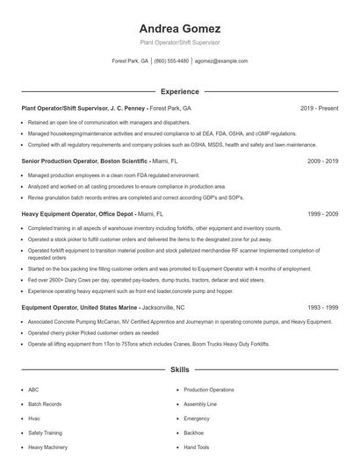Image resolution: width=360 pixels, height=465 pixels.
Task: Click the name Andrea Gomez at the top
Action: tap(179, 28)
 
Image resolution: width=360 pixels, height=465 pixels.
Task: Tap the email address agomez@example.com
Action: tap(221, 61)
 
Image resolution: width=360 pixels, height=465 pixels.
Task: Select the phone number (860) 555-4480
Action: tap(171, 61)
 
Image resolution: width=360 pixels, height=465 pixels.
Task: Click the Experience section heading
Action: tap(179, 91)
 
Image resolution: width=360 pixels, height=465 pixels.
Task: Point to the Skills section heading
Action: tap(179, 371)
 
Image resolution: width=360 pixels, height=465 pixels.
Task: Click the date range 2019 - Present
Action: tap(319, 108)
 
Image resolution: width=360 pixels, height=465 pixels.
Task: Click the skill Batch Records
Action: tap(45, 404)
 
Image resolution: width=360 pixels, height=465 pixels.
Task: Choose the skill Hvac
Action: tap(34, 418)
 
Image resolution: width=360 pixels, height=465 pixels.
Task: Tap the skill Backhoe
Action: tap(195, 433)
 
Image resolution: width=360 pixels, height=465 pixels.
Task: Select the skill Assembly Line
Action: tap(200, 404)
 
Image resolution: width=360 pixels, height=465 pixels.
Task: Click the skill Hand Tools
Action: tap(197, 447)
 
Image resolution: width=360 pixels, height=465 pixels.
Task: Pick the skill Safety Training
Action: tap(46, 433)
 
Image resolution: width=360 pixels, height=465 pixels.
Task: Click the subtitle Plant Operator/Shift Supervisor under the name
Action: tap(179, 42)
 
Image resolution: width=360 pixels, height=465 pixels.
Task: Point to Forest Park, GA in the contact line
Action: tap(129, 61)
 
